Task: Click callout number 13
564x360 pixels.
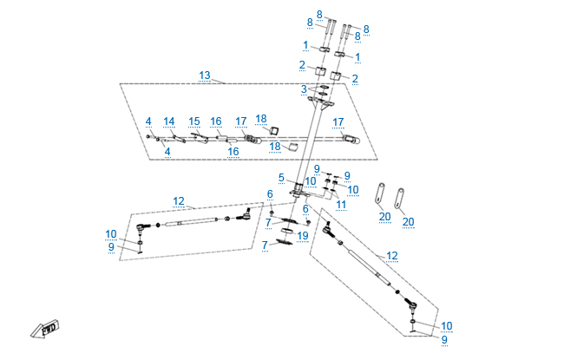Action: tap(205, 75)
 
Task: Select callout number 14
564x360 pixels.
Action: tap(169, 121)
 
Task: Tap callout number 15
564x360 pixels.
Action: tap(193, 121)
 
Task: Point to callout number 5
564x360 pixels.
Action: tap(281, 178)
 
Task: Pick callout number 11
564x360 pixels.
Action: tap(342, 205)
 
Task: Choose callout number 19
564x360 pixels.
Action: tap(302, 235)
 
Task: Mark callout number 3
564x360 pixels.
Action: tap(304, 89)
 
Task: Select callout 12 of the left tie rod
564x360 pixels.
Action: tap(179, 201)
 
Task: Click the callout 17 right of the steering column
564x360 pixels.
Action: tap(338, 121)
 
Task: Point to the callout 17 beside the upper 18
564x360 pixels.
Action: tap(241, 121)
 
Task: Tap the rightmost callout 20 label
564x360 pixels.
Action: tap(408, 221)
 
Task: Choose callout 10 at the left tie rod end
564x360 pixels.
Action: tap(111, 233)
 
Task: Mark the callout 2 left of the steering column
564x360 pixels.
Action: tap(302, 65)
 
